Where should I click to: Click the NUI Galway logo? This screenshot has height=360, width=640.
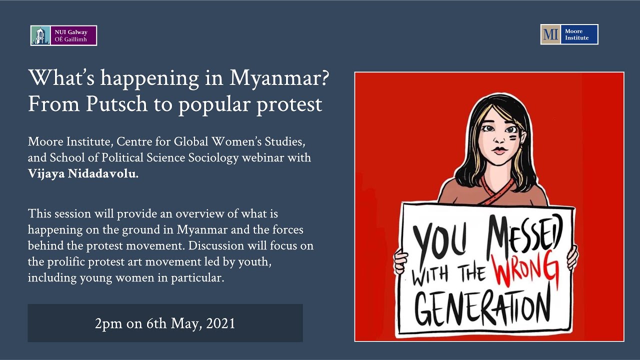click(x=63, y=35)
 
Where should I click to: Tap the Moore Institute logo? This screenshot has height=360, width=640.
click(x=569, y=34)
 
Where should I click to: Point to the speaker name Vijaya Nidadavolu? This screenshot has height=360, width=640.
click(x=82, y=173)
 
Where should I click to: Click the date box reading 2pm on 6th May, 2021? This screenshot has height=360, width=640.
click(x=165, y=323)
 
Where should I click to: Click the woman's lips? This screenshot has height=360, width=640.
click(x=499, y=149)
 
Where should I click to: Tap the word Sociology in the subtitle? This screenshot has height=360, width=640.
click(x=211, y=157)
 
